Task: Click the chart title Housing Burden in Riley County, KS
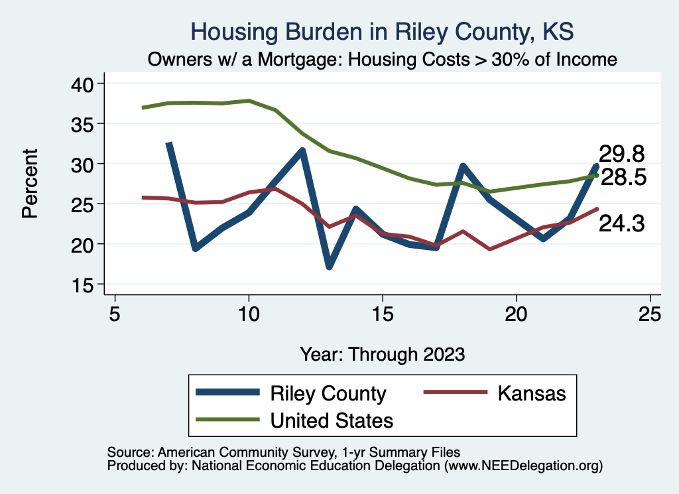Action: (x=381, y=32)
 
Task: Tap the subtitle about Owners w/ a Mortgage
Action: (x=383, y=59)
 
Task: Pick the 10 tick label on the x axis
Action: (x=249, y=313)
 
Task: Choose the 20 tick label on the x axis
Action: (x=516, y=313)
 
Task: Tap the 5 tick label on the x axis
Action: (x=115, y=313)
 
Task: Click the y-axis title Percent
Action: (x=29, y=184)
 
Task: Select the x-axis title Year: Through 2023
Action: (x=382, y=353)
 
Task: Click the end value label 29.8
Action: (x=621, y=154)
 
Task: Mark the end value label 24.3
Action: (x=621, y=224)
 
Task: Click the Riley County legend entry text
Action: (x=328, y=393)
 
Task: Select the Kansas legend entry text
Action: (x=531, y=393)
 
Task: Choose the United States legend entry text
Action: (x=332, y=420)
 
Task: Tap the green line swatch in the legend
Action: (x=227, y=420)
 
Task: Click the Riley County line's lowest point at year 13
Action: (x=329, y=266)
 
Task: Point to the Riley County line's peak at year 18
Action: (x=463, y=166)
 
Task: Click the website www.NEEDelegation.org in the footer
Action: (x=524, y=465)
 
